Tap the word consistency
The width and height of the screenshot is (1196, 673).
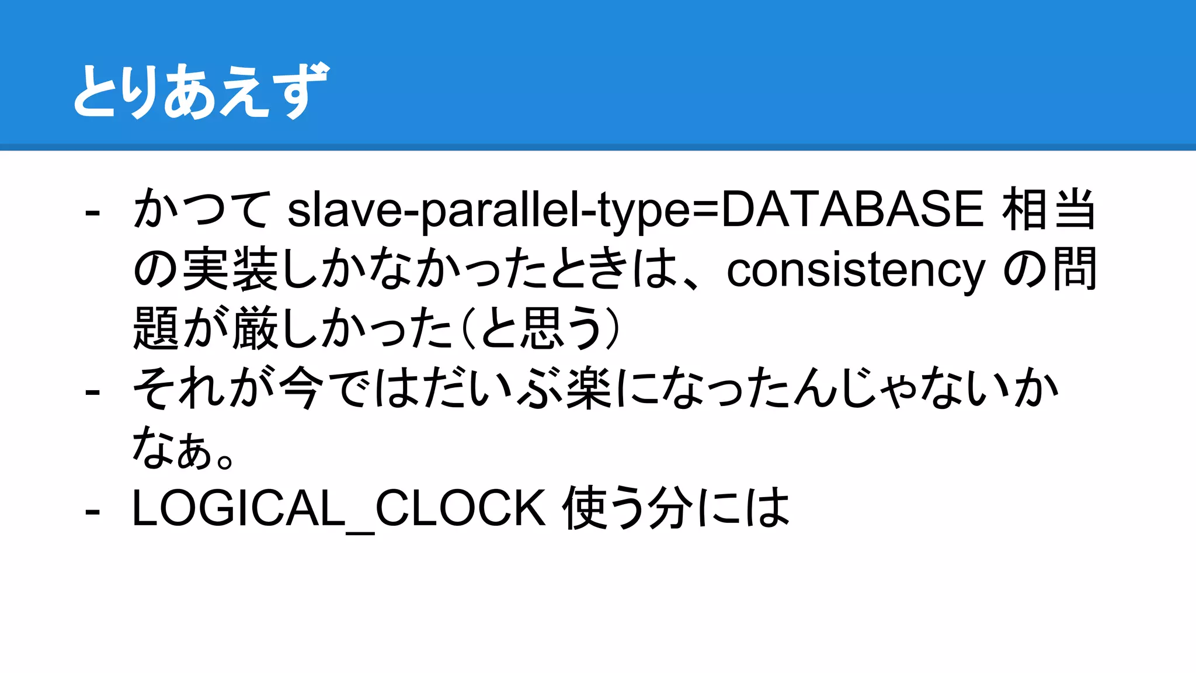point(856,270)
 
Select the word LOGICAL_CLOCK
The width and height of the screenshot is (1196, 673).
point(339,508)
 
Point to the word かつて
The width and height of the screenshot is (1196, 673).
point(202,210)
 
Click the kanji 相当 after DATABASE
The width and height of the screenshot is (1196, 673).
point(1049,209)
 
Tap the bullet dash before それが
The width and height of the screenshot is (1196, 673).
point(92,391)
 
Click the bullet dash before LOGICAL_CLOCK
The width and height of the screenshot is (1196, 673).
point(92,511)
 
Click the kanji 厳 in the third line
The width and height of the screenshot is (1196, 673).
point(255,329)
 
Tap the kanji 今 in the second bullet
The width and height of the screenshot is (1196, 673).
point(301,388)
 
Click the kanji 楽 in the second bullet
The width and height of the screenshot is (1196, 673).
point(589,388)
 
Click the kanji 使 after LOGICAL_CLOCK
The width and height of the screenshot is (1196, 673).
point(586,508)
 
